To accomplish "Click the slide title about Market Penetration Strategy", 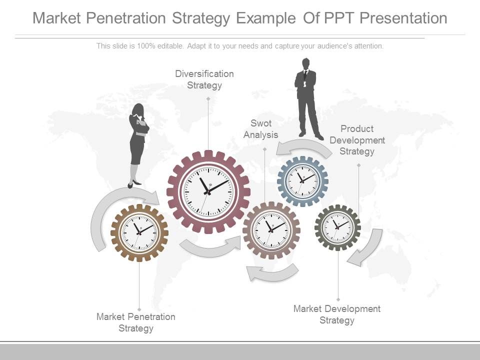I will tap(240, 18).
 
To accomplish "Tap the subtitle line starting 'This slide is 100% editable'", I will tap(240, 46).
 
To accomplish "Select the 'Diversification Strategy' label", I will tap(204, 79).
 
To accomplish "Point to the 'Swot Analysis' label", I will tap(260, 129).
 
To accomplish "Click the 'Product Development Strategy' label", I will tap(357, 140).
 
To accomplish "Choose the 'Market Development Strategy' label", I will tap(337, 314).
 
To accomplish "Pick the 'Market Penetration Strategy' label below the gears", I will tap(136, 322).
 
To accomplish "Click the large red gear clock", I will tap(208, 191).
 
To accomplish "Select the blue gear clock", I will tap(302, 181).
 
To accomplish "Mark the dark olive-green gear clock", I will tap(337, 227).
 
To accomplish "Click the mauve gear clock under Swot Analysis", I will tap(271, 230).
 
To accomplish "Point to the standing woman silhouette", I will tap(138, 145).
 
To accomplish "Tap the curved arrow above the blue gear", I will tap(302, 146).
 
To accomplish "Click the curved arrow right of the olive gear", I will tap(367, 247).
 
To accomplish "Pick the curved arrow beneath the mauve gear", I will tap(272, 272).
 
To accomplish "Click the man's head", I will tap(305, 63).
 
